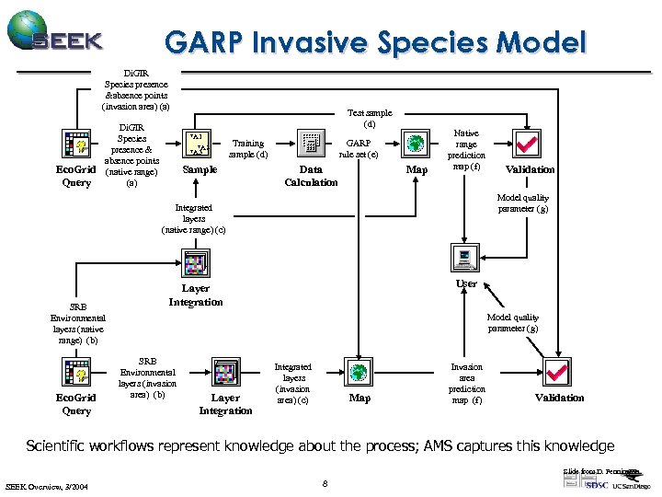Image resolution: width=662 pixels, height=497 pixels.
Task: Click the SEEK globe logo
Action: (28, 30)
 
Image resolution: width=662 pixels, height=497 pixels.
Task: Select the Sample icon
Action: (200, 144)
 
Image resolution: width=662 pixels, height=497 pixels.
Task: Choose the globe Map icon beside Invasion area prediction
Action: (360, 374)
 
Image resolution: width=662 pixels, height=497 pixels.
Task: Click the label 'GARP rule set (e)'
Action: (358, 148)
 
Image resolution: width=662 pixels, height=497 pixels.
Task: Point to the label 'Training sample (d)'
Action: (247, 148)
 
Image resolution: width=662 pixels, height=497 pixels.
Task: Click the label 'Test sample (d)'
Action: (369, 118)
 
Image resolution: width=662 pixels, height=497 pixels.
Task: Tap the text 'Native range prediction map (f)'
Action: (466, 150)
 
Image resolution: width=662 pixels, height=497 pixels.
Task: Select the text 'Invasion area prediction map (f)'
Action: (466, 383)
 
